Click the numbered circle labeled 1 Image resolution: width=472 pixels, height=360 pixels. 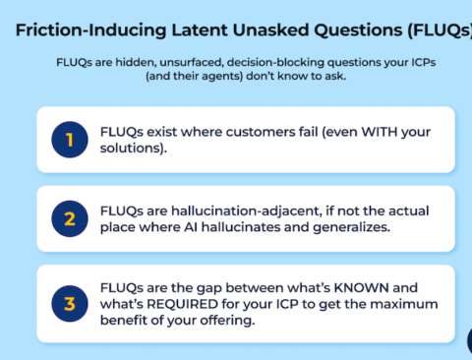(70, 140)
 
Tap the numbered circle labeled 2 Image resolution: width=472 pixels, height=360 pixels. (70, 218)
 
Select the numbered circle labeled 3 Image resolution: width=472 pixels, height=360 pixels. (70, 304)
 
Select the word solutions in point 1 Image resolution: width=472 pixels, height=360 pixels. (133, 149)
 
